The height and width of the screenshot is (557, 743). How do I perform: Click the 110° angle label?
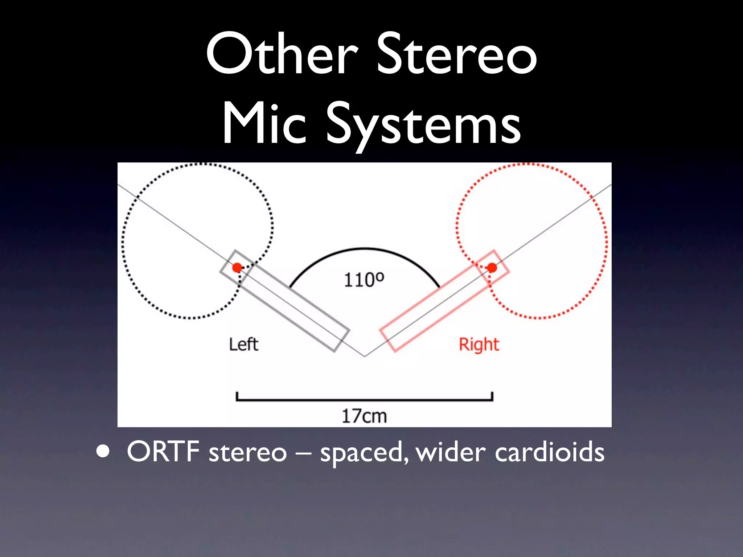pyautogui.click(x=364, y=280)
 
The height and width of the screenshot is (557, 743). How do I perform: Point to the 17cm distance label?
pyautogui.click(x=364, y=416)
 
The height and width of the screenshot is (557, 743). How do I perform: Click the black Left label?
pyautogui.click(x=243, y=344)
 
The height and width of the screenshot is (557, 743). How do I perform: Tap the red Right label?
pyautogui.click(x=479, y=344)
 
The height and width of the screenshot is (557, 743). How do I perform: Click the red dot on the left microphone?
pyautogui.click(x=237, y=268)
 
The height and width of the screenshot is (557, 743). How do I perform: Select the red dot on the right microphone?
pyautogui.click(x=492, y=268)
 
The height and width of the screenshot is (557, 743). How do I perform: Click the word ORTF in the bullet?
pyautogui.click(x=163, y=452)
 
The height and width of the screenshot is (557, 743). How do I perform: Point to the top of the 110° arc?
pyautogui.click(x=364, y=249)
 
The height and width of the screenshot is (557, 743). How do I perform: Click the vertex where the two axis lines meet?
pyautogui.click(x=365, y=356)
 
